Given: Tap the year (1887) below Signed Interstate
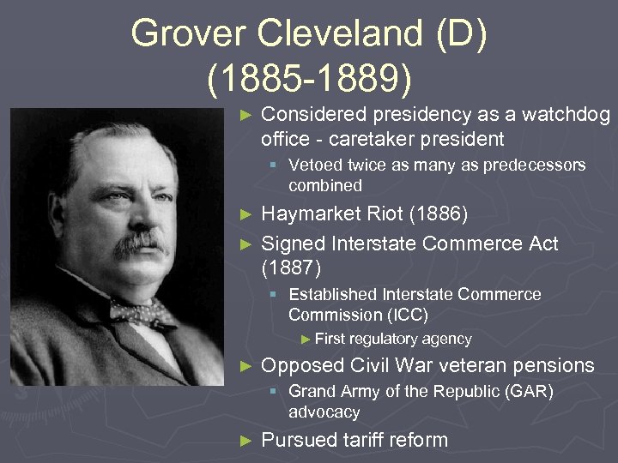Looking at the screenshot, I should (x=292, y=268).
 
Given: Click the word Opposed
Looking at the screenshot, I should (x=302, y=365).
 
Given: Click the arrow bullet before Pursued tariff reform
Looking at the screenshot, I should (x=246, y=441).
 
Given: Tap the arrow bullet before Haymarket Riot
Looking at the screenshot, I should (x=246, y=213).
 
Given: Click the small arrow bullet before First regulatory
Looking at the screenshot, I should (x=306, y=340).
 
